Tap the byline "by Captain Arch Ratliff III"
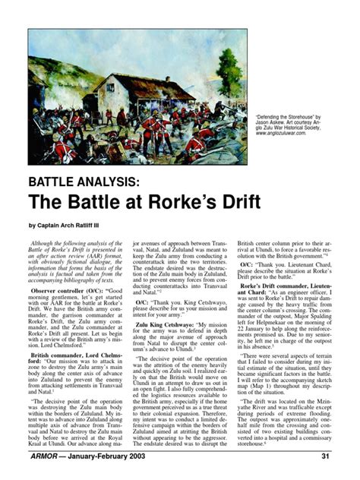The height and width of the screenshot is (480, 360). point(78,225)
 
